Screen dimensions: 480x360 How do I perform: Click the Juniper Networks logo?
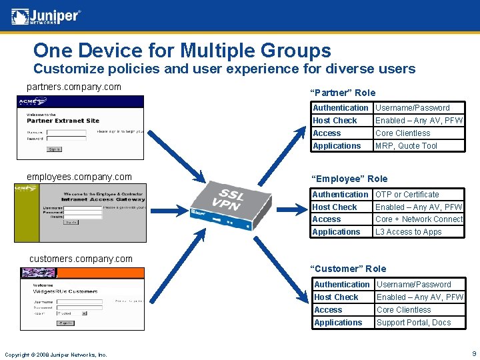point(46,17)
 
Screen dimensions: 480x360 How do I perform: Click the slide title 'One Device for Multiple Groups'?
point(182,51)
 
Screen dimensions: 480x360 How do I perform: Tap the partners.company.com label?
point(74,87)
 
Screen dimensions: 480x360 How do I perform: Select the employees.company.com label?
point(79,177)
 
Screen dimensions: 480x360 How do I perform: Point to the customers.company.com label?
point(81,259)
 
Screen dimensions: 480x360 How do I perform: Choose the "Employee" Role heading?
point(350,179)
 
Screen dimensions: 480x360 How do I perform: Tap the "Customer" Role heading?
point(349,269)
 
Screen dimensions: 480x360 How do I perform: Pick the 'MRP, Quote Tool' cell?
point(406,146)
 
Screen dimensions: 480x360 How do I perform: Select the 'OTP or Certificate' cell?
point(407,195)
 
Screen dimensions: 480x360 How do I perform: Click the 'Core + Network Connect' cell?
point(419,219)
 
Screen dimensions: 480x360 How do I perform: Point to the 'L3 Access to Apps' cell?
point(409,232)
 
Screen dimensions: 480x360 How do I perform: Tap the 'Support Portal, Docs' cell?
point(413,323)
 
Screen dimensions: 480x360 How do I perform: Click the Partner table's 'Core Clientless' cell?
point(403,133)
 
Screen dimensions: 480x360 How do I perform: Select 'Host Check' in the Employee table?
point(335,207)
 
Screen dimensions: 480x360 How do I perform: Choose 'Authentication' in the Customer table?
point(341,285)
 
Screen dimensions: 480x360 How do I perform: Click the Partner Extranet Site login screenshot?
point(80,127)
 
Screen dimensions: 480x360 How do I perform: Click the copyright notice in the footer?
point(55,355)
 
